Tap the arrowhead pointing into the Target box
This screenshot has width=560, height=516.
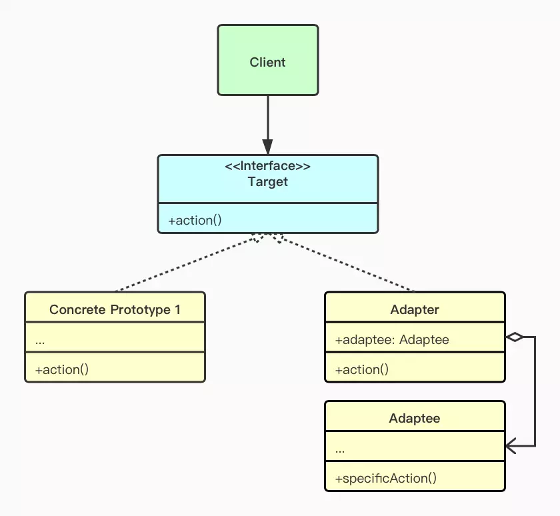point(267,147)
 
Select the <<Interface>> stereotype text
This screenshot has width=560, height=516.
point(267,167)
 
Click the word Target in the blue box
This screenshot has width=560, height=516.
point(267,181)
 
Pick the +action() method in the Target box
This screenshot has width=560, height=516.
point(195,219)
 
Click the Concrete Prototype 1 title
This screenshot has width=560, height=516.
point(115,310)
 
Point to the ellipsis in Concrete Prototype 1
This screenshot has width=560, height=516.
point(40,341)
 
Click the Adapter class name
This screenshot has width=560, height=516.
point(414,310)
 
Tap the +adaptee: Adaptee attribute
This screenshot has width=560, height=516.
point(392,340)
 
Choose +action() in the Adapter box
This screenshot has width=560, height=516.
point(361,369)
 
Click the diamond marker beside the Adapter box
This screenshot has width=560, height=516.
point(514,337)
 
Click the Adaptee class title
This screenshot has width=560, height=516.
point(414,419)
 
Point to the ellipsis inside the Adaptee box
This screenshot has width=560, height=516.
point(340,449)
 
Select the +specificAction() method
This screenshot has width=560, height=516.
point(385,478)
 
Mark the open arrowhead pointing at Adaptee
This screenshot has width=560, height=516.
point(511,446)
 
